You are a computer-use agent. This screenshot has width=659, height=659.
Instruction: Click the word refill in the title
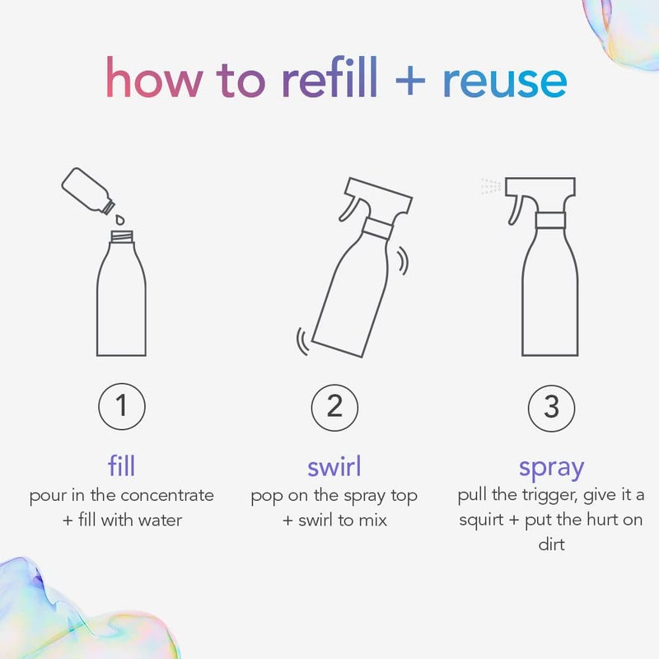(329, 79)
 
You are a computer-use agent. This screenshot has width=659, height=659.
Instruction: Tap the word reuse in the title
(504, 81)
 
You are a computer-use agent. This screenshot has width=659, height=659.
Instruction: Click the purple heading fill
(121, 467)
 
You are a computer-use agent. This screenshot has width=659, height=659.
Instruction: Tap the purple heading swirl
(334, 467)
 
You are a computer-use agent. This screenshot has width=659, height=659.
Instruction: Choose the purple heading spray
(551, 467)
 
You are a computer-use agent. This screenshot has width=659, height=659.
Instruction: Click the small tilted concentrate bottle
(87, 190)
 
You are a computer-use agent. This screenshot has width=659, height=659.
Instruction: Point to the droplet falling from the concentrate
(120, 220)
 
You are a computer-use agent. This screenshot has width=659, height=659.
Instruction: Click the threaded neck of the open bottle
(121, 238)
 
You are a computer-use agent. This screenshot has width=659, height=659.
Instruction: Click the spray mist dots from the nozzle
(491, 186)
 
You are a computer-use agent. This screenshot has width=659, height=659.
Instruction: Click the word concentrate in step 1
(167, 496)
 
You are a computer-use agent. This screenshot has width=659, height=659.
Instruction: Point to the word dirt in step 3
(551, 544)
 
